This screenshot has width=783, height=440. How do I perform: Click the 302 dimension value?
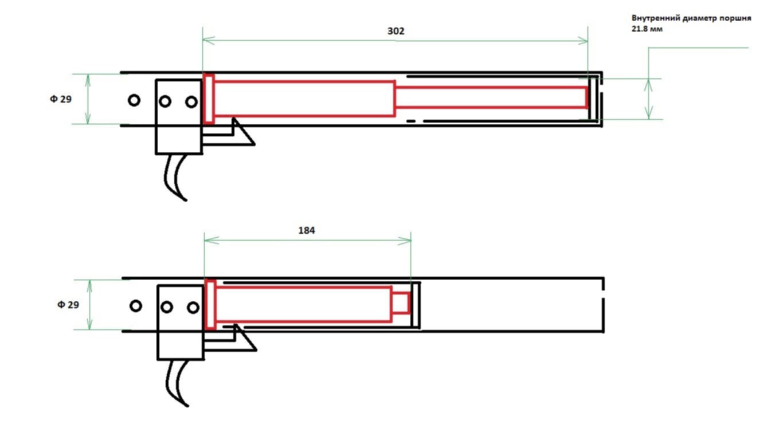tap(396, 31)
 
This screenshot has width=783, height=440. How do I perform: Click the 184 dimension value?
tap(307, 231)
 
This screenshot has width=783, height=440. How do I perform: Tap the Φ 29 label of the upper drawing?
tap(61, 99)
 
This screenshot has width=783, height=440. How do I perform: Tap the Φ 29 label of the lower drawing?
tap(68, 305)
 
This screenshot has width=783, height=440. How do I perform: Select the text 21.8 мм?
tap(647, 29)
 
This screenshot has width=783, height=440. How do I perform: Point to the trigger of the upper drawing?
tap(175, 178)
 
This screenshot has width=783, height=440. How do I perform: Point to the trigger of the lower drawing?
tap(177, 383)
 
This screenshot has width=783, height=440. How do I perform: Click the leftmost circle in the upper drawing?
tap(134, 101)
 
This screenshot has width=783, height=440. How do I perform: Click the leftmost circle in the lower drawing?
tap(136, 306)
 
